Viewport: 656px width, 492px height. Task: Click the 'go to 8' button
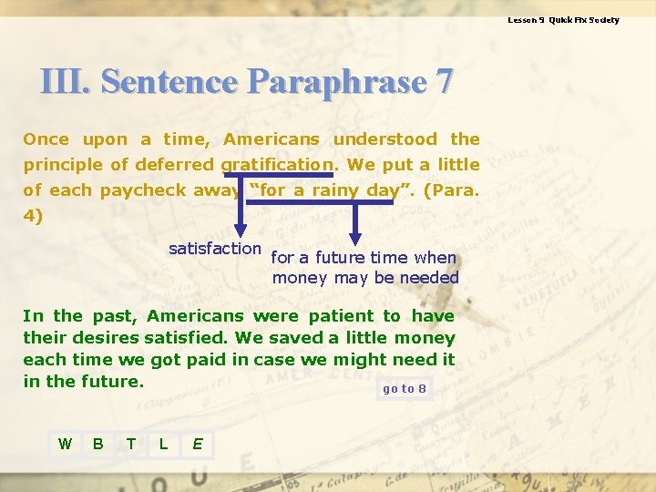404,389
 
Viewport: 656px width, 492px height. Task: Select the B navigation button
97,444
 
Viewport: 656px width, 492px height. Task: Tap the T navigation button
131,444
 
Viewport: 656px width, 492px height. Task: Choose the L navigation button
163,444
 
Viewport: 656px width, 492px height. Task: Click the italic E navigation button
196,444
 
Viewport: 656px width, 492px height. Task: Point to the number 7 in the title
444,82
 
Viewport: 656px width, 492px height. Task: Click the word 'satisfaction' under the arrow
215,248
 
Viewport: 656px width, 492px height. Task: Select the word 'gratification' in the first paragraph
278,165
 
